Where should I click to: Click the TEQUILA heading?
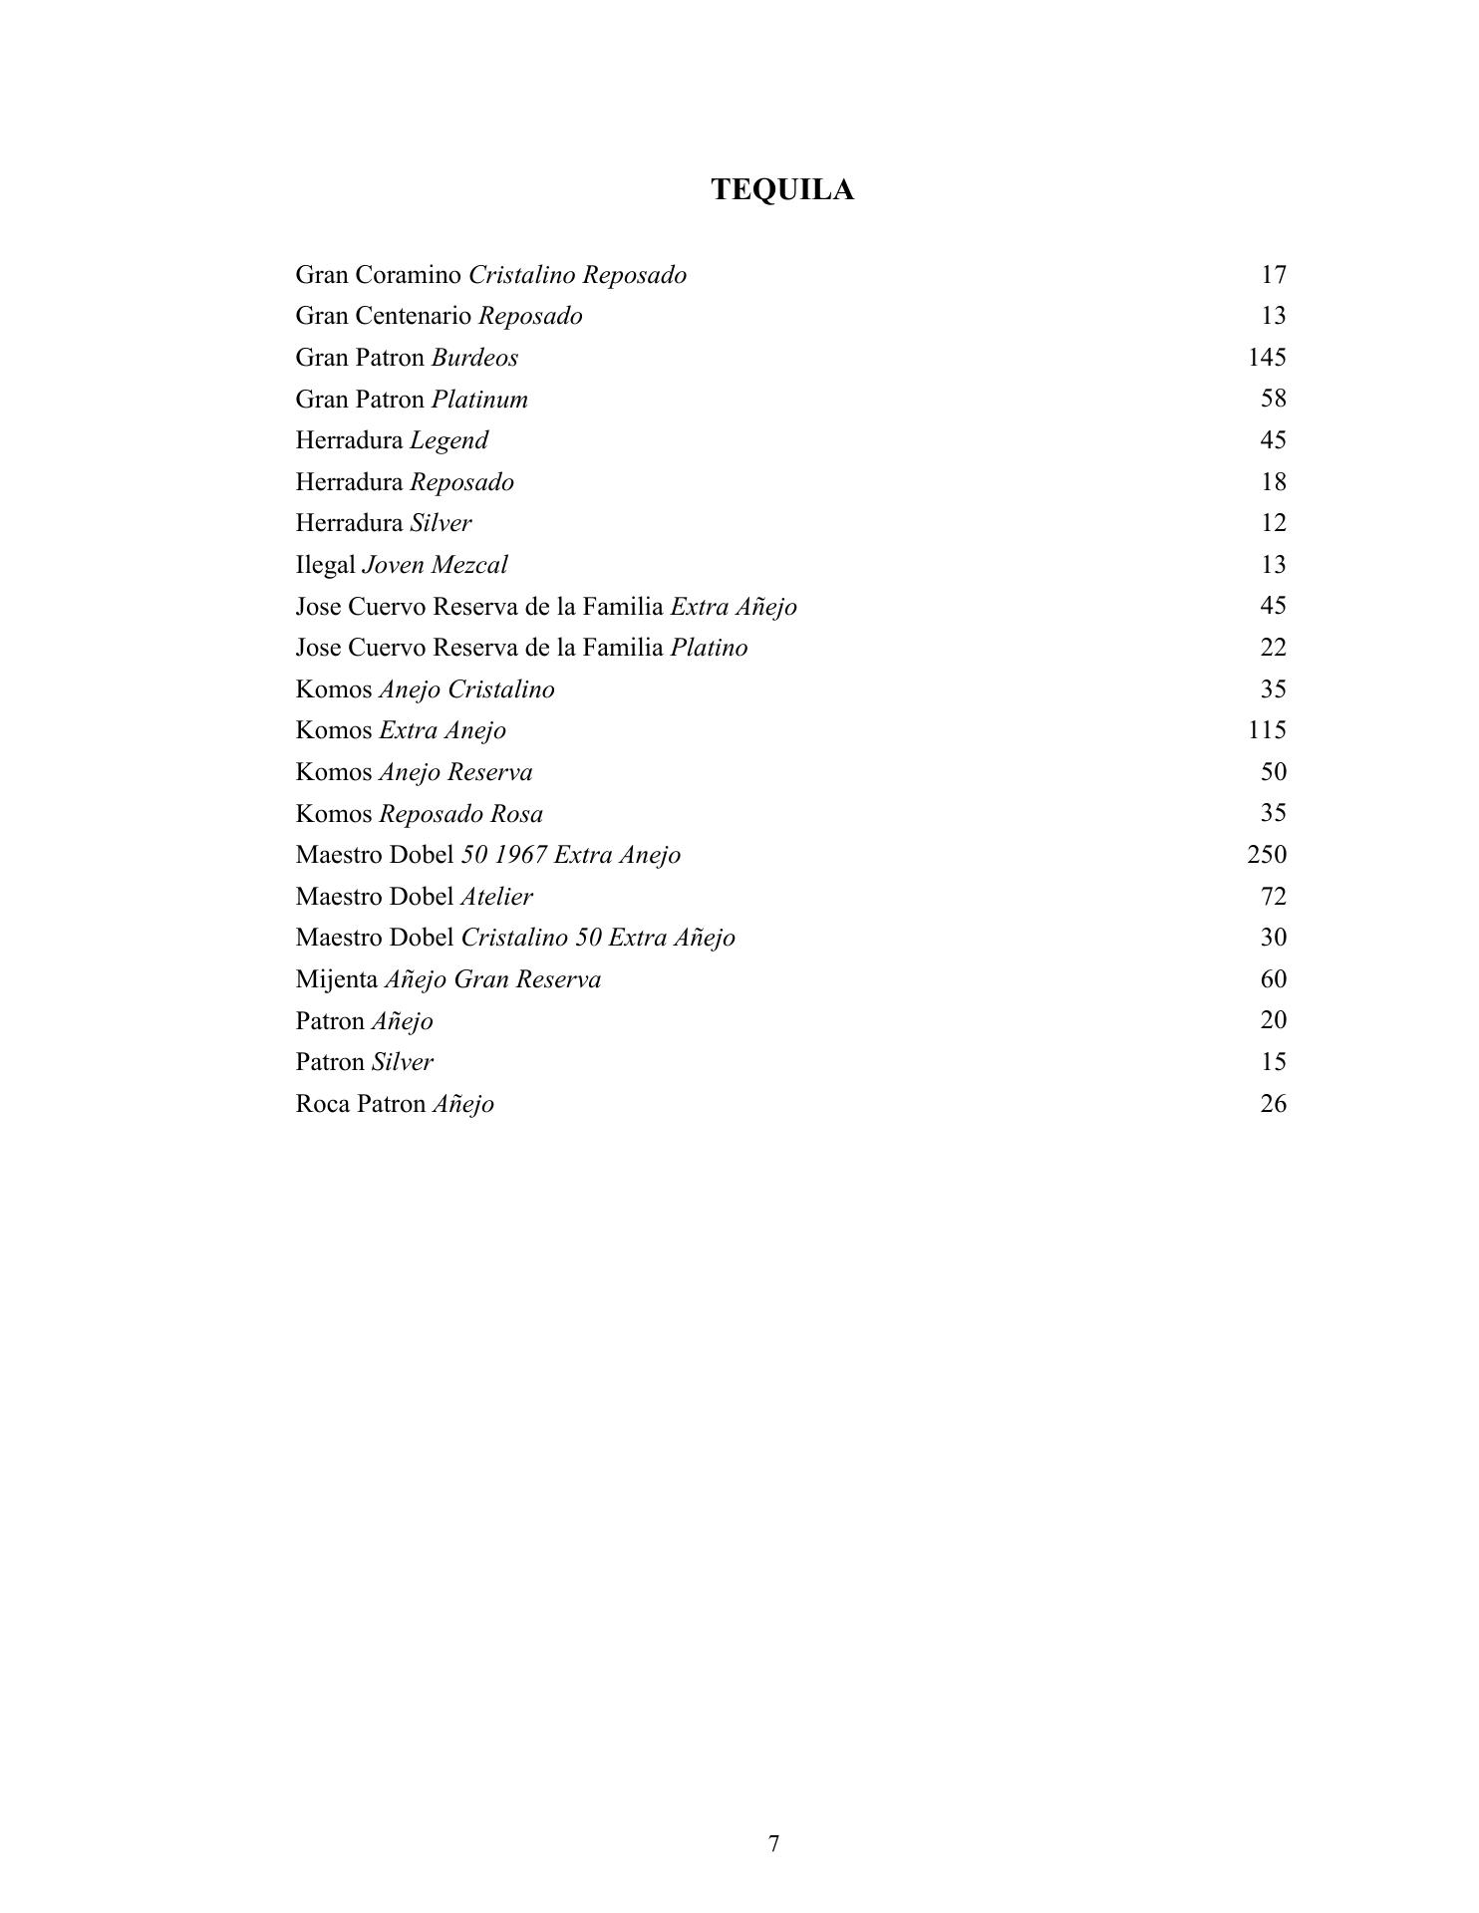tap(782, 190)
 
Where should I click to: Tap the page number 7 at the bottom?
tap(774, 1843)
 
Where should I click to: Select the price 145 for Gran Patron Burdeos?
tap(1267, 357)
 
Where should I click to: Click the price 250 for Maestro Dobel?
tap(1267, 854)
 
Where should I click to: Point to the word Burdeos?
tap(474, 358)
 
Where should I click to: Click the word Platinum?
tap(479, 400)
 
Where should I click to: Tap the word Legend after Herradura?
tap(448, 440)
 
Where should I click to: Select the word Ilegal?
tap(325, 565)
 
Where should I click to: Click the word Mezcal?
tap(469, 565)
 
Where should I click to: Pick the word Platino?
tap(709, 648)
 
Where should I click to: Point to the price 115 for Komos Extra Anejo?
tap(1267, 729)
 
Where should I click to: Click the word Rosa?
tap(516, 814)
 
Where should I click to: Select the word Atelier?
tap(496, 897)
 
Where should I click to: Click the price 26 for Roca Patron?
tap(1274, 1103)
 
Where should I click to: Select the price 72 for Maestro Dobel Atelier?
tap(1274, 896)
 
